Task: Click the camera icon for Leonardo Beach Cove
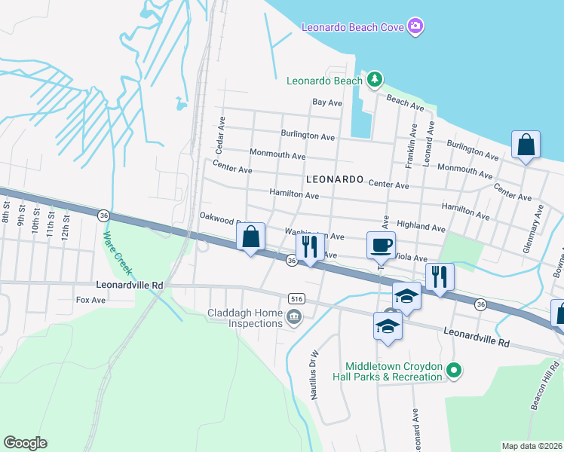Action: tap(415, 28)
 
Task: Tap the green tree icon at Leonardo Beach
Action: tap(373, 80)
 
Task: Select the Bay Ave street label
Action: tap(327, 102)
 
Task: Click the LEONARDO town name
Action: tap(335, 180)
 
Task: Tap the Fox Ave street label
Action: tap(90, 300)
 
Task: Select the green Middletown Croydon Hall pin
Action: tap(453, 370)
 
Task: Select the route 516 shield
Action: tap(294, 298)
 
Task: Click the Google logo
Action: tap(25, 443)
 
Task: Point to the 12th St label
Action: tap(66, 224)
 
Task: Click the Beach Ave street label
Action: tap(406, 101)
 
